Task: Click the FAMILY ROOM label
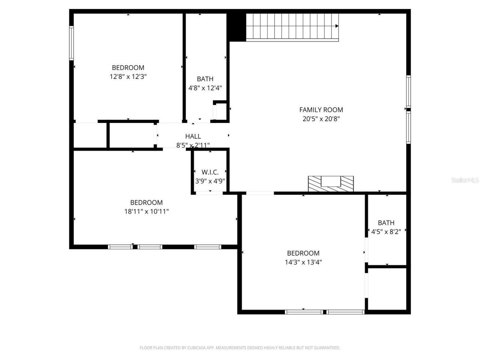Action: click(321, 110)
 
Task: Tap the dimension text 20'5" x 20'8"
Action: click(321, 119)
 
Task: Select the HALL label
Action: click(193, 136)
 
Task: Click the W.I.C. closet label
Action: click(210, 172)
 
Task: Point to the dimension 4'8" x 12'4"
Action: click(205, 88)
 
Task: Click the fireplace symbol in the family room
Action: click(331, 184)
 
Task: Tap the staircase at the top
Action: click(291, 26)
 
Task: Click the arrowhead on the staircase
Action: click(337, 26)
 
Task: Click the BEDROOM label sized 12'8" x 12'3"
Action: click(128, 68)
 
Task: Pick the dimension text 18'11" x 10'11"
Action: click(146, 211)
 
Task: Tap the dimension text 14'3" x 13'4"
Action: click(303, 262)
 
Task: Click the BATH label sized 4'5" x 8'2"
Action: click(386, 223)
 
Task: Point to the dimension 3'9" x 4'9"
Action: click(210, 181)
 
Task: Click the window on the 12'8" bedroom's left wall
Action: click(71, 43)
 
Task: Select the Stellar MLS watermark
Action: click(465, 180)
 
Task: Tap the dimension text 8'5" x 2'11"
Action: click(193, 145)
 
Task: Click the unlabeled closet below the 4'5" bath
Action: click(387, 289)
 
